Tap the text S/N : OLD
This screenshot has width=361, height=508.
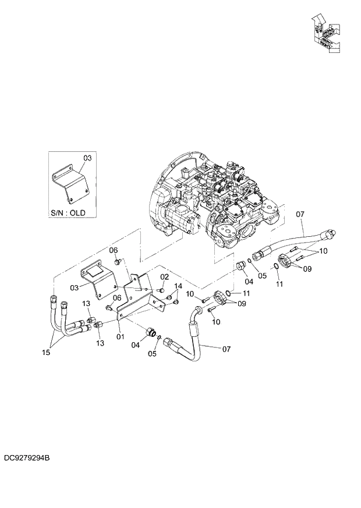coord(68,213)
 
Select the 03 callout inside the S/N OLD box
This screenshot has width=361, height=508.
coord(87,158)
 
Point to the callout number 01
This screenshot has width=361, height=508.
coord(121,336)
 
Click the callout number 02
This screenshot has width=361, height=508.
coord(165,277)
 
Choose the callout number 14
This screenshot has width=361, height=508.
coord(178,286)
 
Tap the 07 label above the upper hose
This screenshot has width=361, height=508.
coord(300,215)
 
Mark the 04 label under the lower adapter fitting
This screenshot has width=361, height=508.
coord(135,344)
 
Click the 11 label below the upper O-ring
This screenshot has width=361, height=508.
coord(279,285)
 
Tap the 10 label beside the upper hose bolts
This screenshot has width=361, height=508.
coord(323,251)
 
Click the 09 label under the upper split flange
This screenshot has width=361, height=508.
coord(307,269)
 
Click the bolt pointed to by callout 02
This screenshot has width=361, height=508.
coord(160,290)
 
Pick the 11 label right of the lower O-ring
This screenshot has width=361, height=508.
coord(246,293)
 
